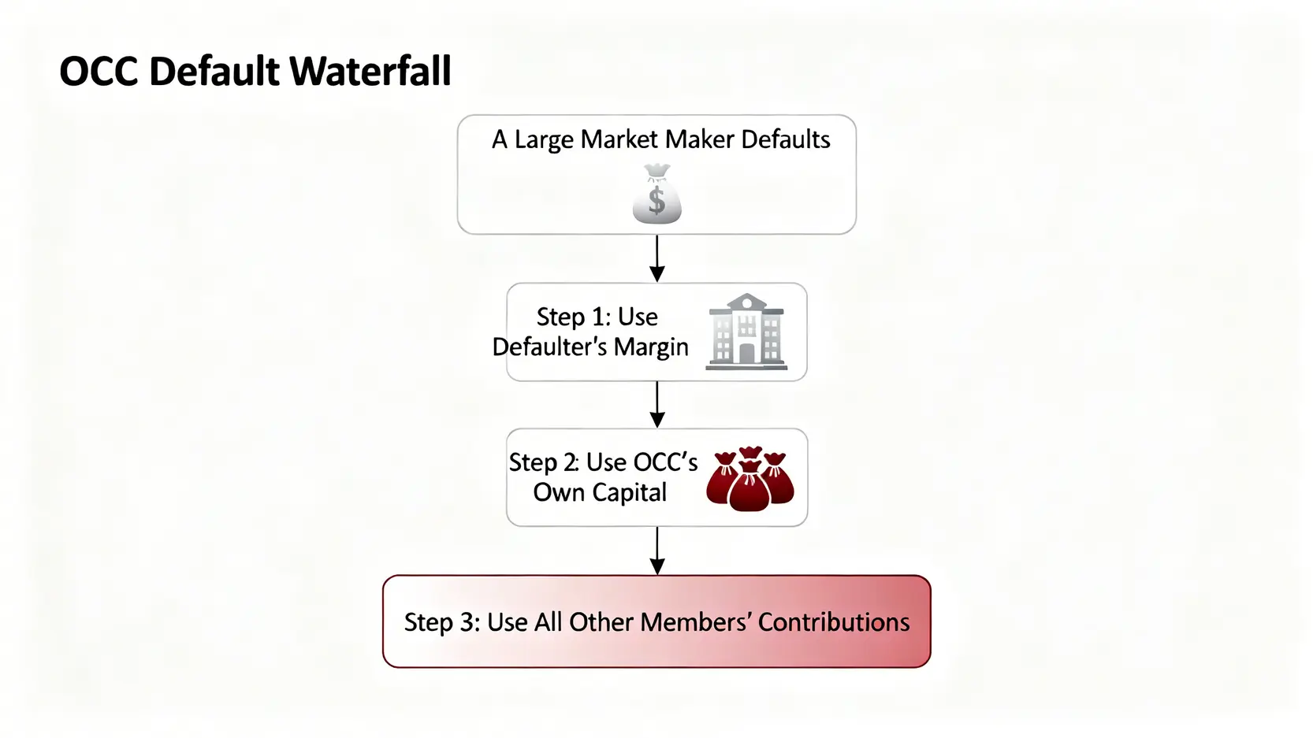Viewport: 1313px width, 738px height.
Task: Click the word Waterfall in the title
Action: [370, 72]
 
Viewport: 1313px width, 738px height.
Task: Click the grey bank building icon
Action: [746, 332]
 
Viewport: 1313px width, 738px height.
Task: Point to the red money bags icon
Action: [749, 478]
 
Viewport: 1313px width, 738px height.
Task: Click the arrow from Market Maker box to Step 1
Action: [656, 258]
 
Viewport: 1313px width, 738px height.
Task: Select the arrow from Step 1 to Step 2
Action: [656, 405]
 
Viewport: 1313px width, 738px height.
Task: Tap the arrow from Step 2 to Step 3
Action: [656, 551]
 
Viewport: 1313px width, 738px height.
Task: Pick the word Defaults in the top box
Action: [785, 139]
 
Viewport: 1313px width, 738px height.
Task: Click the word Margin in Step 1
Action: [651, 347]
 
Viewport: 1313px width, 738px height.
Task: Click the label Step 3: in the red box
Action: [441, 622]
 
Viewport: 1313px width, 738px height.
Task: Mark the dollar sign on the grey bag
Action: [656, 200]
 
